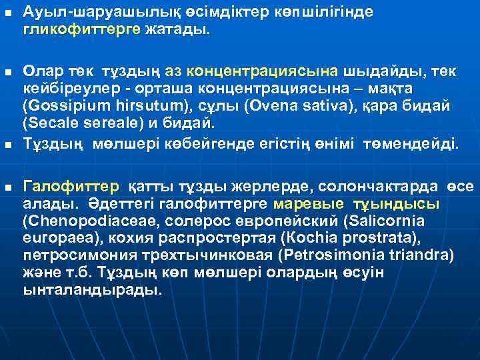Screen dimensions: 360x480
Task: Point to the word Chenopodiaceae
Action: point(77,221)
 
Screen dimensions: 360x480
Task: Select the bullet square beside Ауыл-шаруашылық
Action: point(7,14)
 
